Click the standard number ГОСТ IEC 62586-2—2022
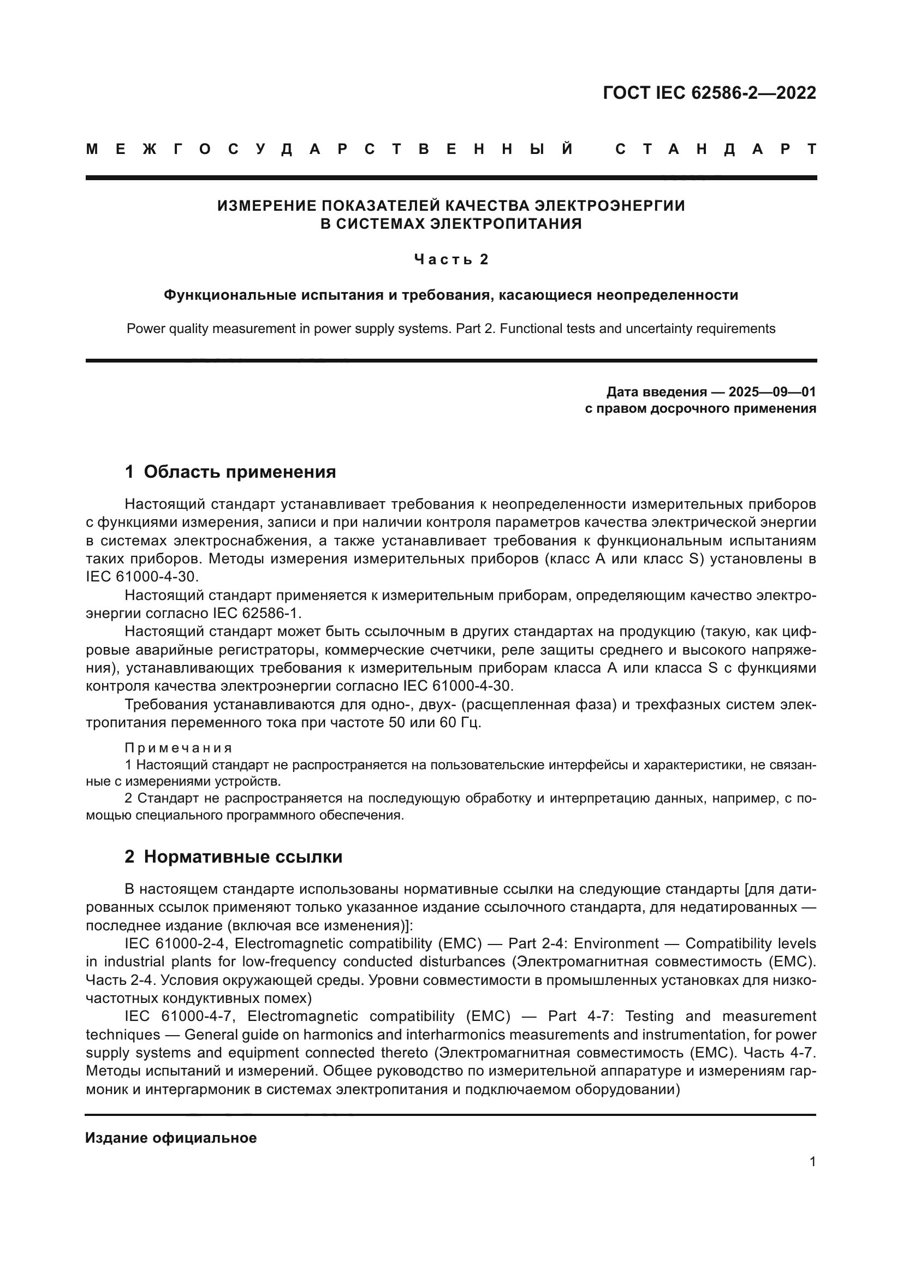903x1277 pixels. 709,93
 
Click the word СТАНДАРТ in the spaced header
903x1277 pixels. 716,149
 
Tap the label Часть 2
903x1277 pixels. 451,260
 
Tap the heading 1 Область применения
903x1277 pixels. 230,472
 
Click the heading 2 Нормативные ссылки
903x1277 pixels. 233,857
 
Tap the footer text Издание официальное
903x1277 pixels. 171,1138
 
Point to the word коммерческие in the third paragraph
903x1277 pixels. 373,650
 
